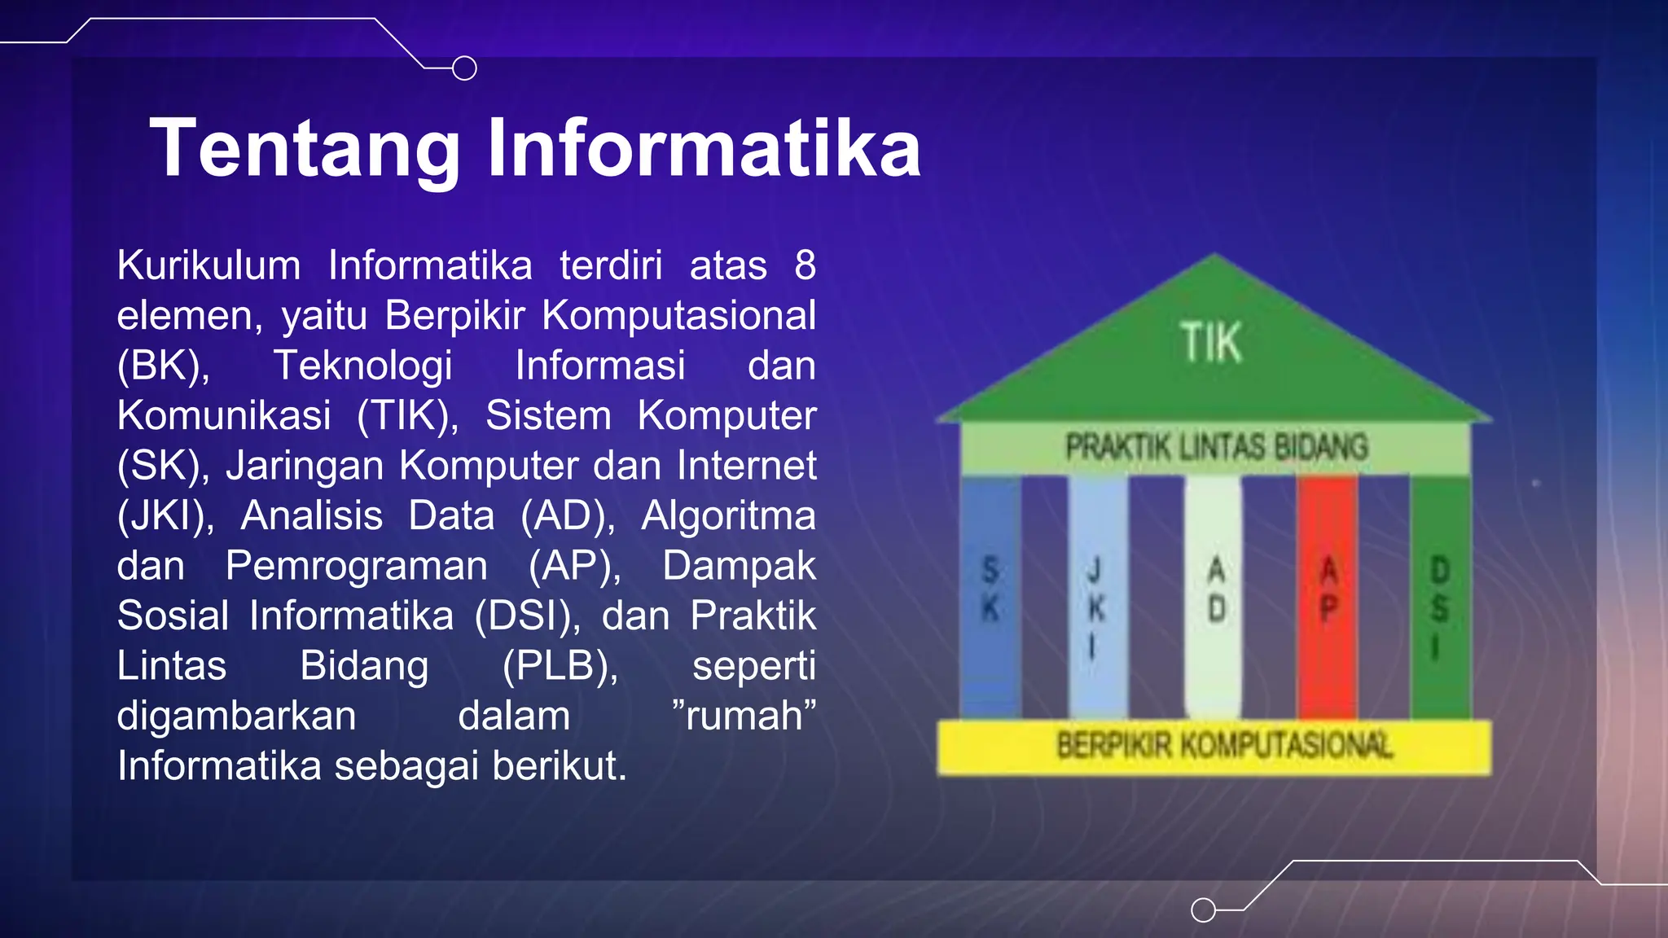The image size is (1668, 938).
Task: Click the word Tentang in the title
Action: click(305, 148)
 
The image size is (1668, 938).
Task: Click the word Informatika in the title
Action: click(704, 148)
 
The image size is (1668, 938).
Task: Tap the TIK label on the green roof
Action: click(1211, 343)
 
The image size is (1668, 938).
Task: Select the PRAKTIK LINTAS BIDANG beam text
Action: click(1217, 447)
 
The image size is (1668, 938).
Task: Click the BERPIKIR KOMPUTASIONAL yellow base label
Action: click(1223, 745)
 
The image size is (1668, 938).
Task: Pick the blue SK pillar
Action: click(990, 594)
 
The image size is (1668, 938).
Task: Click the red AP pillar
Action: click(1328, 594)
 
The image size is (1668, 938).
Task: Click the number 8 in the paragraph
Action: click(805, 265)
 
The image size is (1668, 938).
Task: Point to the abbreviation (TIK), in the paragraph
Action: click(407, 416)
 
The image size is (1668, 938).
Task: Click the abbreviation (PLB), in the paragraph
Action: click(560, 666)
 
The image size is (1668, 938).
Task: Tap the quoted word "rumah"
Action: click(744, 716)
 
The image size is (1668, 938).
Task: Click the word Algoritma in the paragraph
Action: click(728, 516)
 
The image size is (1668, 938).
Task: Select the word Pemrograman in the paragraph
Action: click(356, 566)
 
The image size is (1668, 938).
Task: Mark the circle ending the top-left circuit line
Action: click(464, 68)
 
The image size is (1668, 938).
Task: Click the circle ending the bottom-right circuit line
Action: click(1203, 910)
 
